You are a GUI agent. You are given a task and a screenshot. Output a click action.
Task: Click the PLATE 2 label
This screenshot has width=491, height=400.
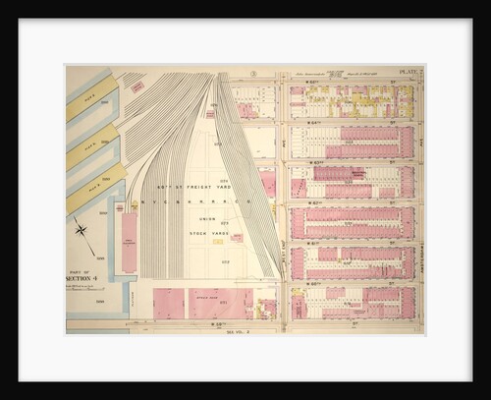[x=410, y=72]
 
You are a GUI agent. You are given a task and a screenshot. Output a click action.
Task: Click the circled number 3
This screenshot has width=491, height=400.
[x=253, y=73]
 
